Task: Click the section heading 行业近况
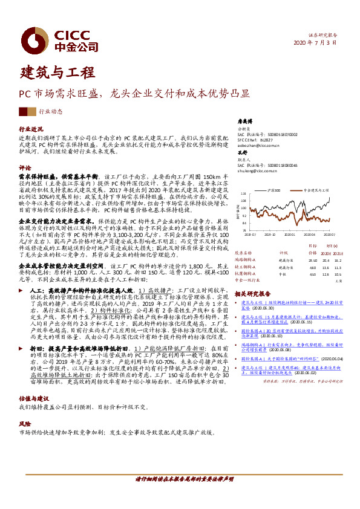[31, 129]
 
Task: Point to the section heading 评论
[25, 167]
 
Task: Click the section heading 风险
[25, 407]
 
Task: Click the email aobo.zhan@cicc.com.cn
[258, 146]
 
